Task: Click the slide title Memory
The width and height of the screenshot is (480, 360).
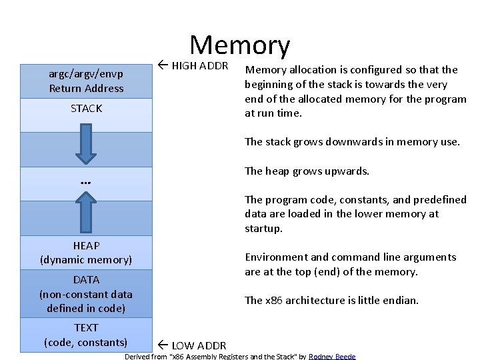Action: click(240, 45)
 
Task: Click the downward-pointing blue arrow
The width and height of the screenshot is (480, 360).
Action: click(86, 141)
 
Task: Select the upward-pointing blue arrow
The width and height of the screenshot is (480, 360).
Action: click(86, 209)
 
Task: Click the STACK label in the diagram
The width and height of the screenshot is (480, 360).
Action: click(86, 108)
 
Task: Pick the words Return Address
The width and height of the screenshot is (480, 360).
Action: click(86, 88)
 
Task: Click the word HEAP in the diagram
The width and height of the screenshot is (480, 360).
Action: click(86, 246)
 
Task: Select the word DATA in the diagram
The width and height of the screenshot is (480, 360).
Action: click(86, 280)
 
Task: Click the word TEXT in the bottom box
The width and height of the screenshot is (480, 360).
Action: click(86, 328)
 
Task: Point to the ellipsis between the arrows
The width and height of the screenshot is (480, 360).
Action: click(85, 181)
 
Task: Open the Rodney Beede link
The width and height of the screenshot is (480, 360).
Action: click(332, 357)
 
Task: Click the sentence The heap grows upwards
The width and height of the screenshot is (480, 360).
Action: click(307, 171)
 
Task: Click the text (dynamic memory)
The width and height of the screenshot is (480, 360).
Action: click(86, 259)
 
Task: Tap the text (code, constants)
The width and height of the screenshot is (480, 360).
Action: click(86, 342)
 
